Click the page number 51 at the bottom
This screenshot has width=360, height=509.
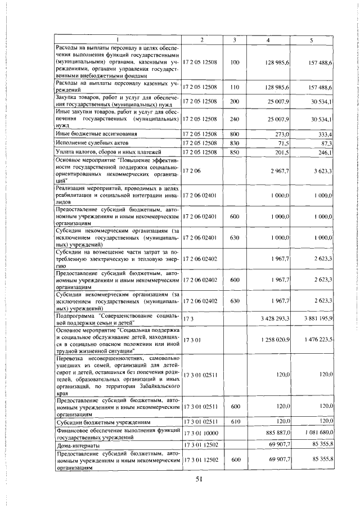click(199, 479)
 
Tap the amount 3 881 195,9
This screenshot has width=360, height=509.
click(317, 318)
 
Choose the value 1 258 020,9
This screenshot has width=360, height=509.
click(274, 339)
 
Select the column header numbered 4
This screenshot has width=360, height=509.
click(268, 39)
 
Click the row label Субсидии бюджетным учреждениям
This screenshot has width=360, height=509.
click(93, 421)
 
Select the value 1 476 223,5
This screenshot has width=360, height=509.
click(317, 339)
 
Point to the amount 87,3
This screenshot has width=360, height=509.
click(326, 143)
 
